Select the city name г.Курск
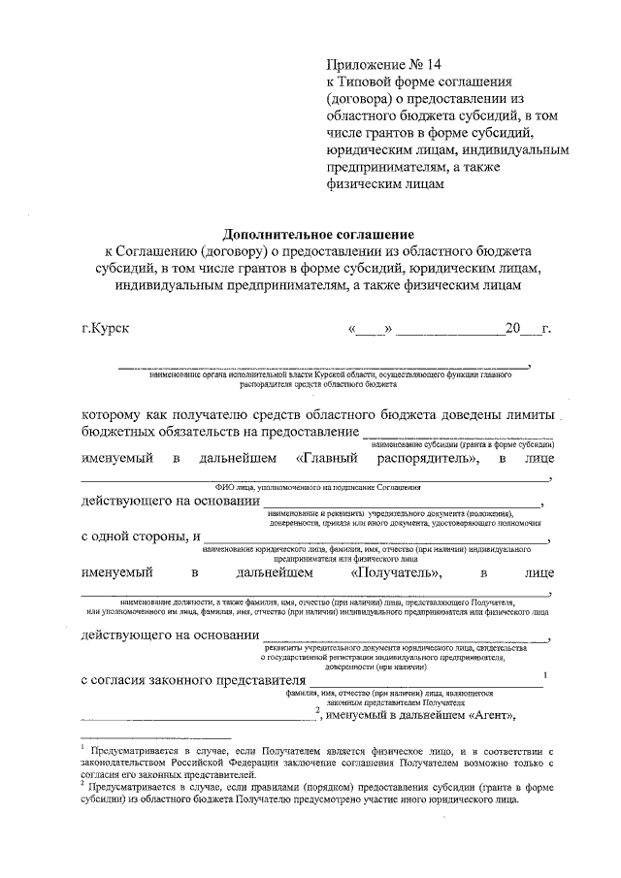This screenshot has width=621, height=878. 107,328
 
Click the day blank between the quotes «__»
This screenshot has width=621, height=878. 369,330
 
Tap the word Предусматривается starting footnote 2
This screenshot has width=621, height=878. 137,788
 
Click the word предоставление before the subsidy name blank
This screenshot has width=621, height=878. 309,431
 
